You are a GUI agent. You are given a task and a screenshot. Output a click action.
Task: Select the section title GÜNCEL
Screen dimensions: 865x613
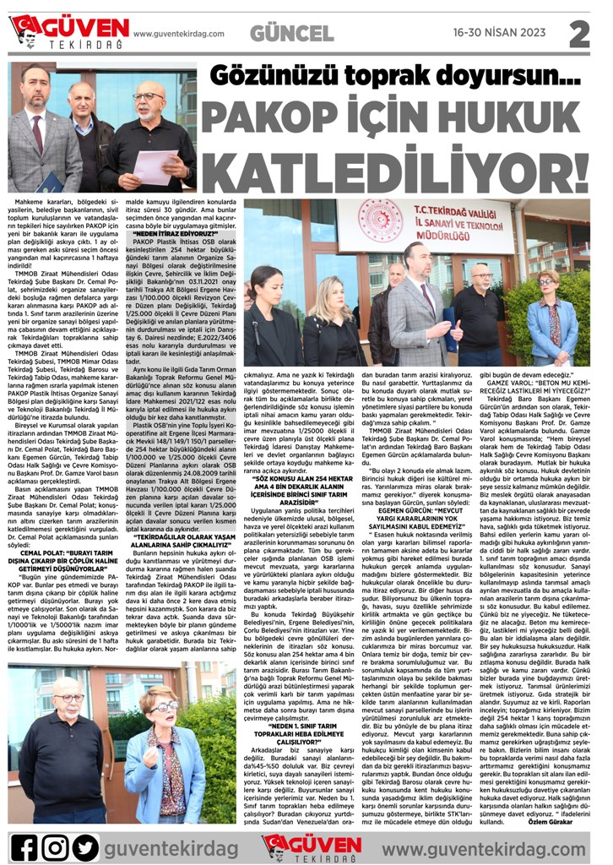pos(292,33)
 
